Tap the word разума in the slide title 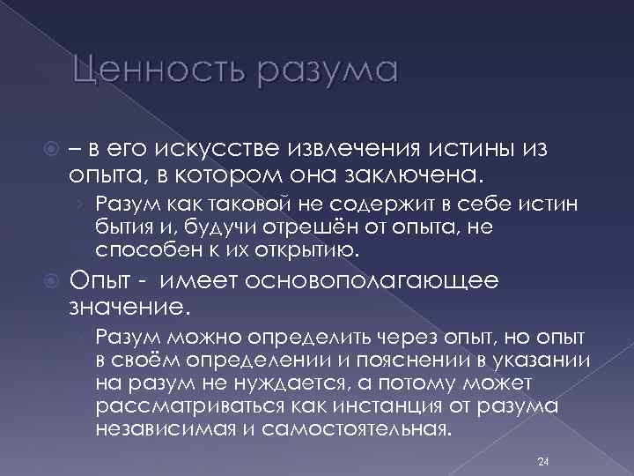click(327, 71)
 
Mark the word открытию click(310, 249)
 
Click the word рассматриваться click(173, 405)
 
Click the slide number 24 click(542, 461)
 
